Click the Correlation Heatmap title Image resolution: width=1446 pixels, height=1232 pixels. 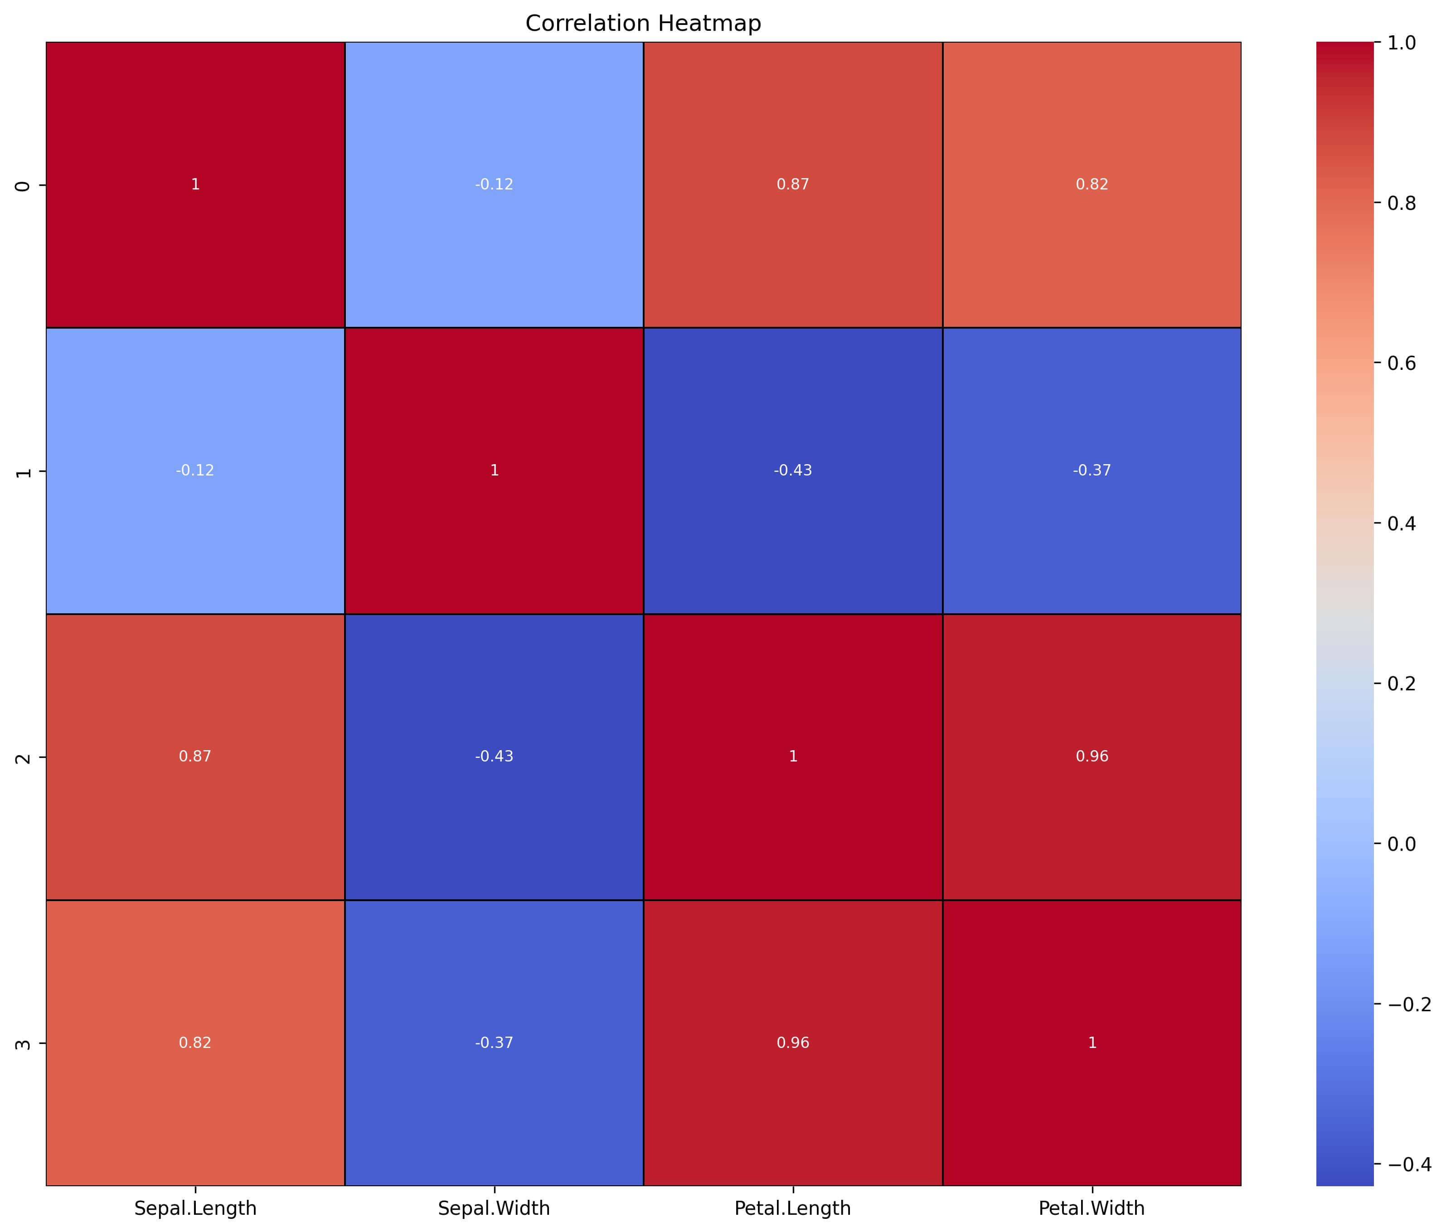point(643,23)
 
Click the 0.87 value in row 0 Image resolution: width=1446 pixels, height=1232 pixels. point(793,184)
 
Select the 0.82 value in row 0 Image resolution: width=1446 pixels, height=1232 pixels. point(1092,184)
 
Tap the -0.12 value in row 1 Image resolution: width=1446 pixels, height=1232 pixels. point(195,470)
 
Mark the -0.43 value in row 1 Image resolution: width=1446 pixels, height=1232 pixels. point(793,470)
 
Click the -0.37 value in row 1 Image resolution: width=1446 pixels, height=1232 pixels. point(1092,470)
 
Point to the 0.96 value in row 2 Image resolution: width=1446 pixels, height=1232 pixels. point(1092,757)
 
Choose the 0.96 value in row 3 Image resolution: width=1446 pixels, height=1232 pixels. point(793,1043)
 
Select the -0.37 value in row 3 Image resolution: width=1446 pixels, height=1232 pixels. point(494,1043)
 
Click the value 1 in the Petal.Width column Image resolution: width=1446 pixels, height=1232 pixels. point(1092,1043)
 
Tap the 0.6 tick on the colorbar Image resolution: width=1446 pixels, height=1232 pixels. point(1401,363)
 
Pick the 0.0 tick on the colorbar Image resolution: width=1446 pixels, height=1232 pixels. point(1401,844)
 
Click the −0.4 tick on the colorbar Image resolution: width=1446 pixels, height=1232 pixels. point(1406,1164)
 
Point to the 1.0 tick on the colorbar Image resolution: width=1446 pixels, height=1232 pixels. point(1401,43)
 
